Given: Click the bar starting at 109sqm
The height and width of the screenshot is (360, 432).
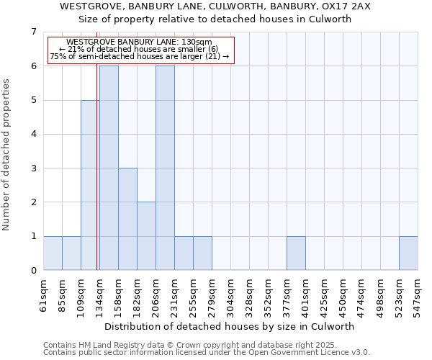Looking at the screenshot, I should pyautogui.click(x=89, y=185).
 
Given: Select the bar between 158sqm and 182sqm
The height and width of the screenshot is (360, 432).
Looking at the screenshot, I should pyautogui.click(x=127, y=219).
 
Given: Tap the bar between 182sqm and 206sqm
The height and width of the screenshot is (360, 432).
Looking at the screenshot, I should pyautogui.click(x=146, y=236).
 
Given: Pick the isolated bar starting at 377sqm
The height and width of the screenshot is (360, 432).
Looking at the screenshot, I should pyautogui.click(x=296, y=253).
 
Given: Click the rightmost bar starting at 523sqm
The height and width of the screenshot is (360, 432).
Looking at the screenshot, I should pyautogui.click(x=408, y=253).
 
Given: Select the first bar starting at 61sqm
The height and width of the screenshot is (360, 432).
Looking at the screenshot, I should pyautogui.click(x=53, y=253).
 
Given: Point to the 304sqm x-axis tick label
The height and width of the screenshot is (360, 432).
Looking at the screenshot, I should pyautogui.click(x=230, y=294).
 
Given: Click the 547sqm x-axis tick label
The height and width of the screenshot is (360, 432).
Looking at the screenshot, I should pyautogui.click(x=418, y=294).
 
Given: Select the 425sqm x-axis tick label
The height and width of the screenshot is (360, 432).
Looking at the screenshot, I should pyautogui.click(x=324, y=294).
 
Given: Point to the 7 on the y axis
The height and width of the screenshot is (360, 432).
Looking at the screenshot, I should pyautogui.click(x=33, y=32).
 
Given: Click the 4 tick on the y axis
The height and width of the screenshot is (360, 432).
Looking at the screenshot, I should pyautogui.click(x=33, y=134).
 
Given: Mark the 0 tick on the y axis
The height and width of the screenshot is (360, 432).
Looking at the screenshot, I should pyautogui.click(x=33, y=271).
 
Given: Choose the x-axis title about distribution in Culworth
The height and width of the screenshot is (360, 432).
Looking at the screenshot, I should pyautogui.click(x=230, y=326).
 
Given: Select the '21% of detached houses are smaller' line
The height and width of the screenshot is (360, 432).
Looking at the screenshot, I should pyautogui.click(x=141, y=49).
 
